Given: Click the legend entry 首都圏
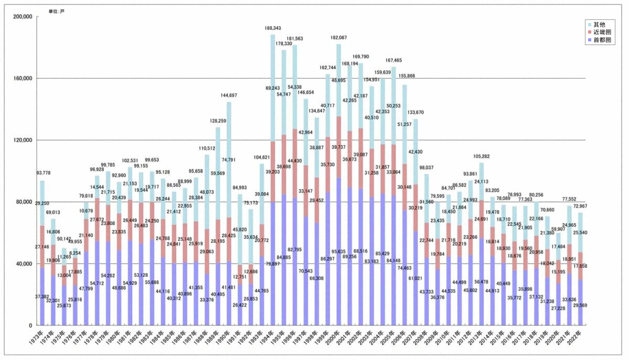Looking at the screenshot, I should (599, 40).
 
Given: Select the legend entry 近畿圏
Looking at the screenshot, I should (599, 32).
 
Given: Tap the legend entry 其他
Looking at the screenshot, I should (597, 25).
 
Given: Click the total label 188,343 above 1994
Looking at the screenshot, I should (273, 28).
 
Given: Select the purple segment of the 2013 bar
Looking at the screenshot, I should (481, 283).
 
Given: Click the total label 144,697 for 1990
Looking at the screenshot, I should (229, 96).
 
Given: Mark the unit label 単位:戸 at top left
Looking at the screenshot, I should (57, 11).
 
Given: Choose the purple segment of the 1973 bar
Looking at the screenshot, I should (42, 297).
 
